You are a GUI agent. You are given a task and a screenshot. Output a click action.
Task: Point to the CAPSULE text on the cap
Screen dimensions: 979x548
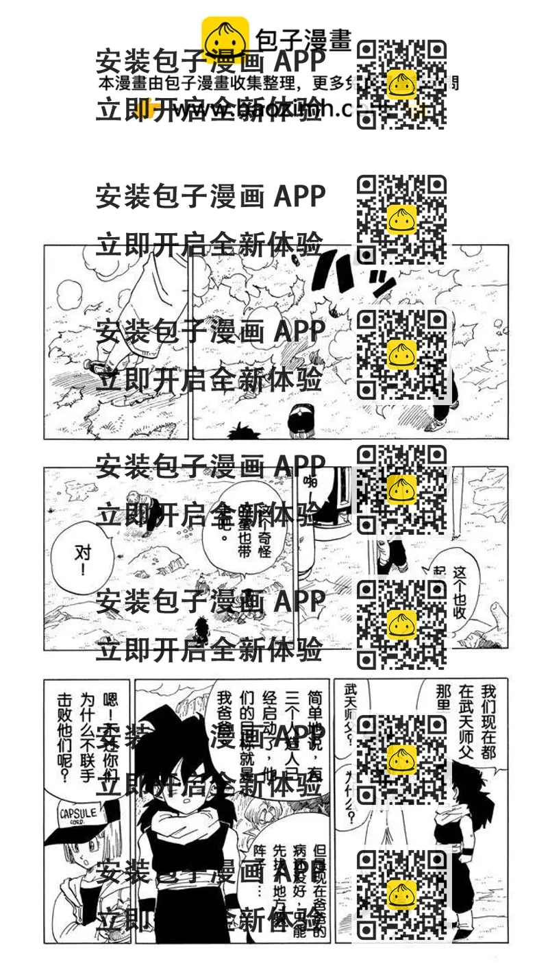77,814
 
